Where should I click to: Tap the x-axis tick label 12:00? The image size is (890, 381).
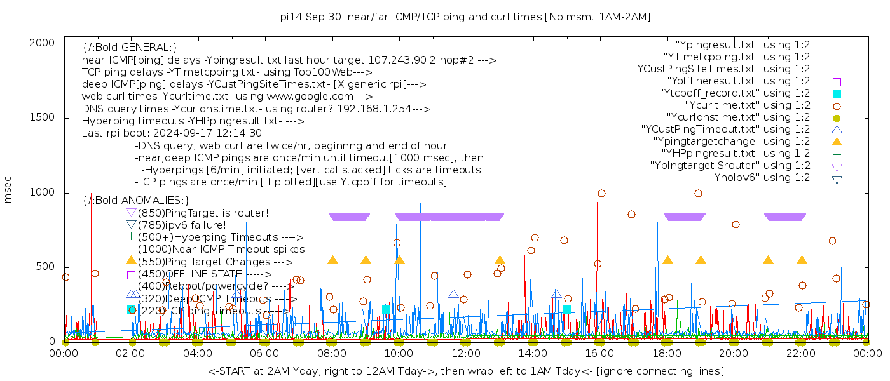(x=466, y=353)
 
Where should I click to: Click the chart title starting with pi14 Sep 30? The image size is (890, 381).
(x=465, y=17)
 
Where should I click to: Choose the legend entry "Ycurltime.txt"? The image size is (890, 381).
(x=747, y=105)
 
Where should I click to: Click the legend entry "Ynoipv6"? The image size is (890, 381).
(x=760, y=178)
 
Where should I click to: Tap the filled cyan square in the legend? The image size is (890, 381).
(x=837, y=94)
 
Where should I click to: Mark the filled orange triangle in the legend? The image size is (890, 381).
(x=837, y=142)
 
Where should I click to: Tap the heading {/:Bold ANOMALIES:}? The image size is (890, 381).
(x=136, y=201)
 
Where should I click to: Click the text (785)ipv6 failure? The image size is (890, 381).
(x=182, y=225)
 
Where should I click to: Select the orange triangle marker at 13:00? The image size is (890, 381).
(x=500, y=260)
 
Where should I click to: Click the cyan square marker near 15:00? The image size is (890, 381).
(x=566, y=309)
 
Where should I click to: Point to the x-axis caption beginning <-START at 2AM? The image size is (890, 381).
(x=465, y=371)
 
